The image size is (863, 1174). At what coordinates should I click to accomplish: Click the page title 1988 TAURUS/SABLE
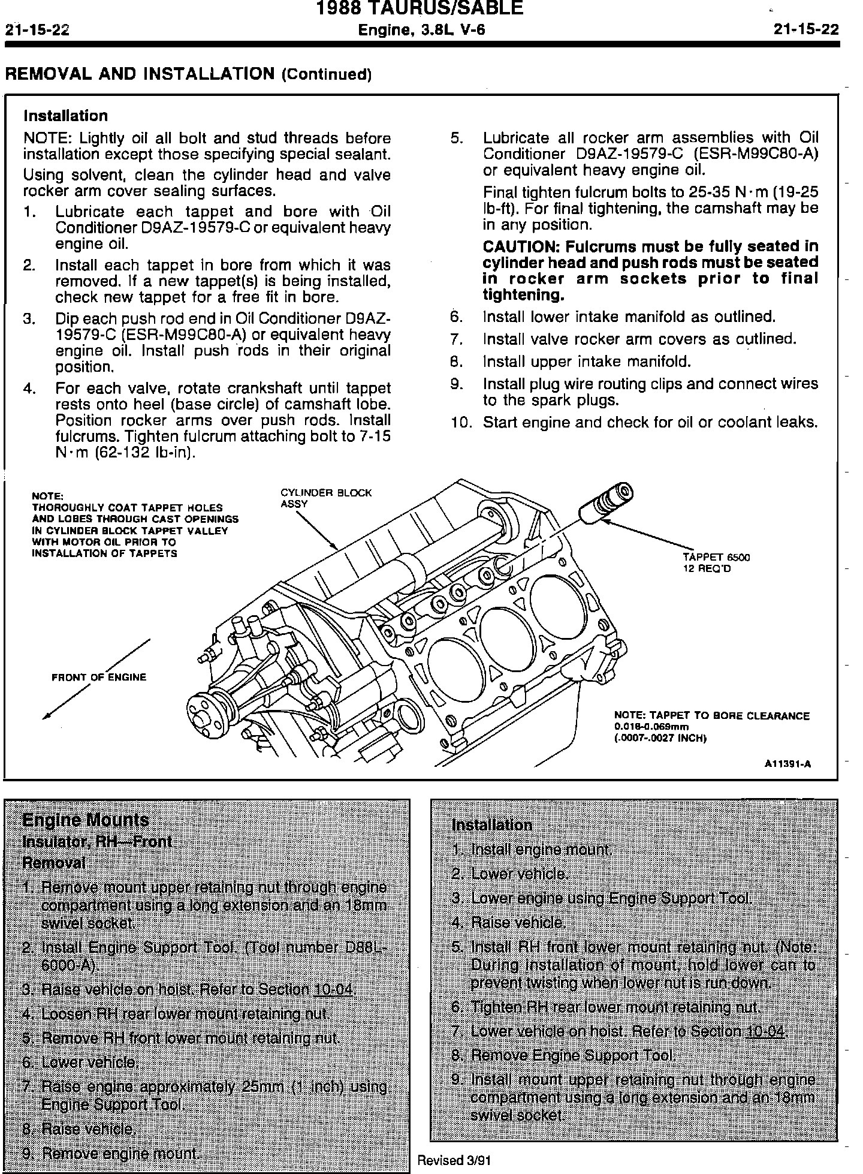[x=419, y=8]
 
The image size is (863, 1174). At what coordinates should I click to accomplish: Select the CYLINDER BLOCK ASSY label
[x=325, y=498]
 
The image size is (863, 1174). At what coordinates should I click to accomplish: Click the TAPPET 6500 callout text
[x=716, y=557]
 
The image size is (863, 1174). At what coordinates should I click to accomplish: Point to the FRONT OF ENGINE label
[x=99, y=677]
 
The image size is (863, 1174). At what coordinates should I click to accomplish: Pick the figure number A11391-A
[x=787, y=764]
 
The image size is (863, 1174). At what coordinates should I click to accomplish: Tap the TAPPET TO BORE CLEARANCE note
[x=711, y=715]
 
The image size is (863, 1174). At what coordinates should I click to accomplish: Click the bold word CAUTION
[x=520, y=246]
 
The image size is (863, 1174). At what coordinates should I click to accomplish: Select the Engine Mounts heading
[x=85, y=820]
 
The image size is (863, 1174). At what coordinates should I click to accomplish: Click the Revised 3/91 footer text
[x=454, y=1160]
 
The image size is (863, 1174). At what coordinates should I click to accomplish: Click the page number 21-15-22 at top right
[x=805, y=30]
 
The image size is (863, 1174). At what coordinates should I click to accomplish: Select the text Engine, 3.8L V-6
[x=421, y=30]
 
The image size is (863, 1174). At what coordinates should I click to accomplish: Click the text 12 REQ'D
[x=707, y=568]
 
